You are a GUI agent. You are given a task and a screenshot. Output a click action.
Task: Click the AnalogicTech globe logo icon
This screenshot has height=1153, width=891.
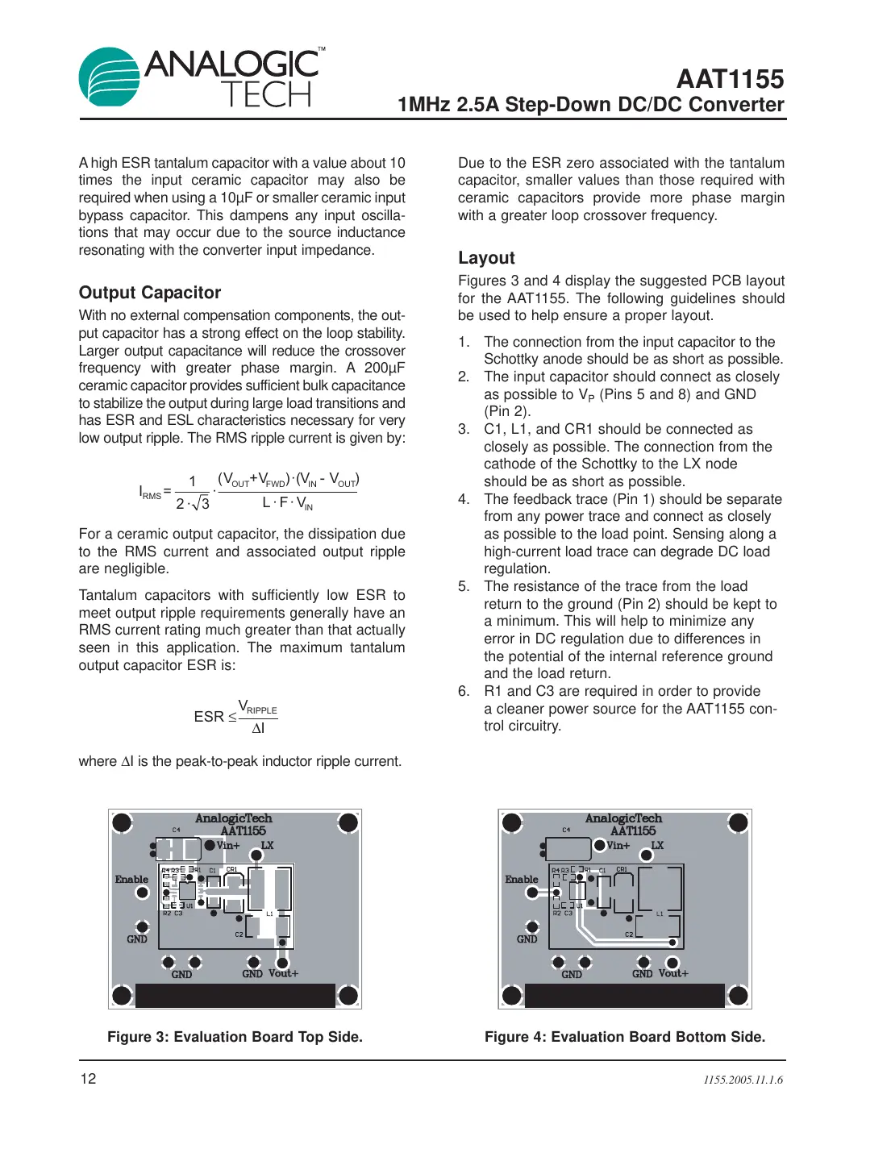109,77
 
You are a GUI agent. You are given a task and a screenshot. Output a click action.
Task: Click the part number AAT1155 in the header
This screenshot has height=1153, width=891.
730,79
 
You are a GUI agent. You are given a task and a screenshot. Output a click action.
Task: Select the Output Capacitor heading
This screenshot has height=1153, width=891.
150,293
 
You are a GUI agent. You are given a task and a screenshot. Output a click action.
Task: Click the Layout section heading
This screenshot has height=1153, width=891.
486,258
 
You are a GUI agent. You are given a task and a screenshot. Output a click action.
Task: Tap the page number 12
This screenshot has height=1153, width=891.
88,1079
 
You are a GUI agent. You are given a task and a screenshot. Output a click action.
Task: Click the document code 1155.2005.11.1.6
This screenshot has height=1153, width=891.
743,1080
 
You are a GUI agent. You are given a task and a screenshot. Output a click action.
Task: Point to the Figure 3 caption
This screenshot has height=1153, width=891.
235,1037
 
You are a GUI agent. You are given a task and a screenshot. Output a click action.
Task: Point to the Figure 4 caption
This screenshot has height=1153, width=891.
624,1037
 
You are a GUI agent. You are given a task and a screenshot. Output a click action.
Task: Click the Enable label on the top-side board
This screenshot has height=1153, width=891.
131,880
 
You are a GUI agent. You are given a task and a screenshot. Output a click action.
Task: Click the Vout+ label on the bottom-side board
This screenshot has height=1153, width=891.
673,973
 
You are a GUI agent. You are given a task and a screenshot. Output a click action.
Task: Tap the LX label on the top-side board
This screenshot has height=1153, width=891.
267,846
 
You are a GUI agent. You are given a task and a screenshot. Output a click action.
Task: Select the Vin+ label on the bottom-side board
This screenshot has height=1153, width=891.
618,846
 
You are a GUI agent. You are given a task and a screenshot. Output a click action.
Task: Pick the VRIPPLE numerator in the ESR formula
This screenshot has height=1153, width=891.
257,707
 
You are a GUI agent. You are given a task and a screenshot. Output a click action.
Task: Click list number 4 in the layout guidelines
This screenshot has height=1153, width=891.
464,499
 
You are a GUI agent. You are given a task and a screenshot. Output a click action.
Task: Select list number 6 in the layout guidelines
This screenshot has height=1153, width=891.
464,691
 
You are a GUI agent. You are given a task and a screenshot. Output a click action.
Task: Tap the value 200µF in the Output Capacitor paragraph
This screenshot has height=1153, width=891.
384,368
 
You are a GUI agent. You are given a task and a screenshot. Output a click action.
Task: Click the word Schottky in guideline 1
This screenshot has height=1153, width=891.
512,359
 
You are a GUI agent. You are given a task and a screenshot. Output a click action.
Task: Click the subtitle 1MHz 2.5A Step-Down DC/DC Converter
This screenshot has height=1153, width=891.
590,105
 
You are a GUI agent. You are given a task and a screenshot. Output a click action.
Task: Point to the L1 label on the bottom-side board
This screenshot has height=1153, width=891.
659,914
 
